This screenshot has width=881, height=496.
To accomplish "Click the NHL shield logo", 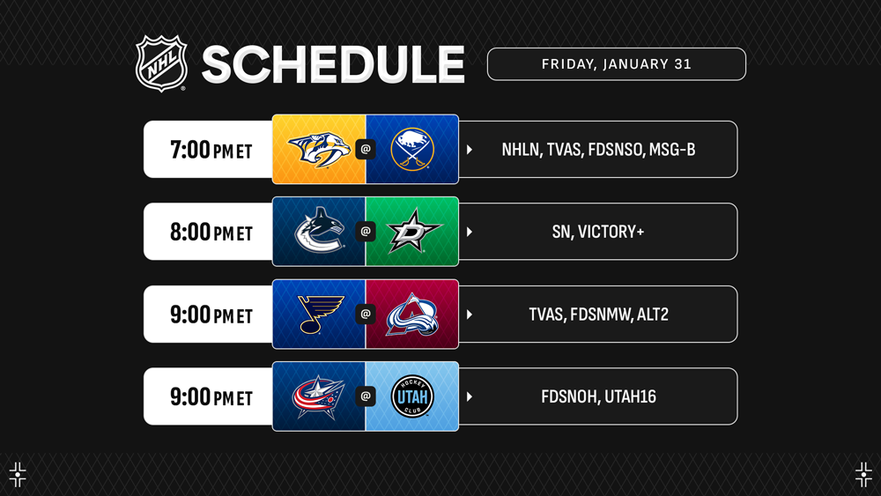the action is click(161, 63).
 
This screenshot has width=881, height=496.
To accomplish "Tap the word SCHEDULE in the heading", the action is click(333, 64).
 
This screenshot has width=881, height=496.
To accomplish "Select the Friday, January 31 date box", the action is click(617, 64).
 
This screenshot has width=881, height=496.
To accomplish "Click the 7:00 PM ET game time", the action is click(211, 150).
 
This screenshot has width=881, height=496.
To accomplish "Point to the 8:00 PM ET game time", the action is click(211, 232).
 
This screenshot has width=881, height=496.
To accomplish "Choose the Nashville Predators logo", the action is click(319, 149).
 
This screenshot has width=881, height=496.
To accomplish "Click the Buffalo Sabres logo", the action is click(412, 149).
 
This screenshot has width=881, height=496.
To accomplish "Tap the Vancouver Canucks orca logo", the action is click(319, 230).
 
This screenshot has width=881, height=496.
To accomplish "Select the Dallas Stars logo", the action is click(414, 231).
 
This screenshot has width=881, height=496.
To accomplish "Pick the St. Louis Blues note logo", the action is click(320, 314).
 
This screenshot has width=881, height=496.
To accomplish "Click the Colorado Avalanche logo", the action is click(412, 315).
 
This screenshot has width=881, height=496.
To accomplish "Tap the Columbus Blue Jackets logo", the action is click(319, 396).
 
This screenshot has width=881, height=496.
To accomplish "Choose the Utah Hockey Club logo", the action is click(412, 396).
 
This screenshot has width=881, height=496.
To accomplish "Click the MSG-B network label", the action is click(672, 150).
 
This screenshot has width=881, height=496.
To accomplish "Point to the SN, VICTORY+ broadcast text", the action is click(598, 232).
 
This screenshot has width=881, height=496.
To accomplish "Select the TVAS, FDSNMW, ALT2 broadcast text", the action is click(598, 314).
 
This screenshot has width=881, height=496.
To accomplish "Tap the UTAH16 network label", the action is click(630, 396).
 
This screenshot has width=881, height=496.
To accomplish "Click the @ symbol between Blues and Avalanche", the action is click(366, 314).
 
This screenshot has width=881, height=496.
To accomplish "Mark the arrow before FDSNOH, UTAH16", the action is click(470, 396).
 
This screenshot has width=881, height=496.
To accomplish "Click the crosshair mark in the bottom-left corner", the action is click(18, 475).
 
